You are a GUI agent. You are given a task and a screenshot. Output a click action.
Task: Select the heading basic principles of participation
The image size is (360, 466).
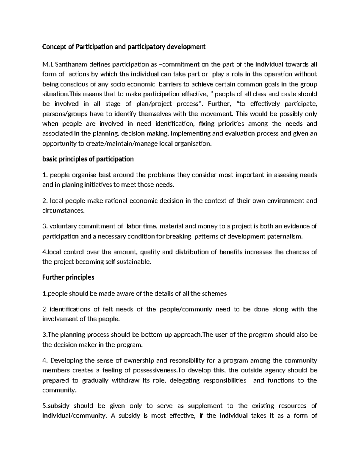(88, 159)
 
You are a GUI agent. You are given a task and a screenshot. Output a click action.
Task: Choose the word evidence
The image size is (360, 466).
(297, 226)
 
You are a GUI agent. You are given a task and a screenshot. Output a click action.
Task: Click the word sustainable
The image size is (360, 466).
(133, 262)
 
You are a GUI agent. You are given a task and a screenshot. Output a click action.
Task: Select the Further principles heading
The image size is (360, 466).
(68, 277)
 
